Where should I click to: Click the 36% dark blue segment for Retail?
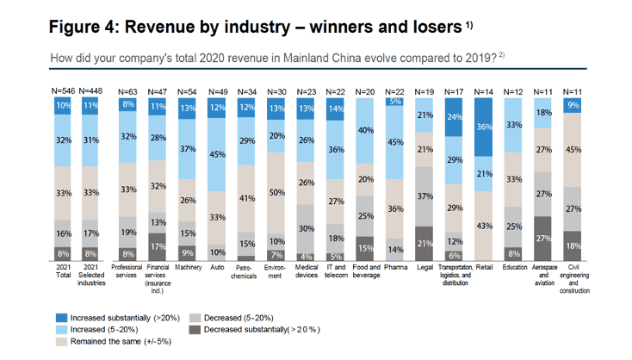click(483, 127)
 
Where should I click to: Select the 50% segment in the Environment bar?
click(276, 193)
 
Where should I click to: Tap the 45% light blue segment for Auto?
click(216, 154)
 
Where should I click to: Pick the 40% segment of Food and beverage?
click(365, 131)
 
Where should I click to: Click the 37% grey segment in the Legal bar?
click(424, 196)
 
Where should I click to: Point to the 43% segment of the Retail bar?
click(483, 226)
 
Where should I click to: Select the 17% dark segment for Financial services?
click(158, 246)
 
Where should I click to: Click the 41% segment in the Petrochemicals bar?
click(246, 198)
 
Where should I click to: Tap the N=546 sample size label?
click(63, 91)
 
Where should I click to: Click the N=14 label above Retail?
click(483, 92)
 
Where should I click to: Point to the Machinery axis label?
click(189, 267)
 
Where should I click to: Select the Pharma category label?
click(395, 267)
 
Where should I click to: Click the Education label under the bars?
click(515, 267)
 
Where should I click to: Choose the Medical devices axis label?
click(307, 271)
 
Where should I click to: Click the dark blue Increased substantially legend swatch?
click(61, 318)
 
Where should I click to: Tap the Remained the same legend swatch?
click(61, 341)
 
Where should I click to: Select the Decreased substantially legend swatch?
click(195, 330)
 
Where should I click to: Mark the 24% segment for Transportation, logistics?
click(454, 117)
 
